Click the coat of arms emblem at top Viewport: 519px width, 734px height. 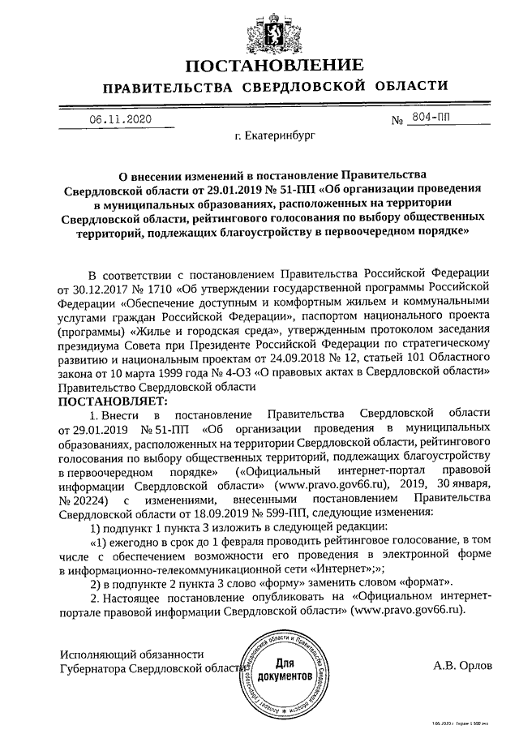point(259,28)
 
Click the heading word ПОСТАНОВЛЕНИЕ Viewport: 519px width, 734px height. point(259,65)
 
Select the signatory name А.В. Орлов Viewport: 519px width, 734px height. point(463,665)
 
